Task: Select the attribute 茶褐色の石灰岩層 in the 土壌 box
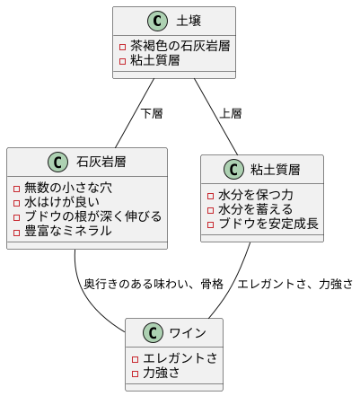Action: coord(180,46)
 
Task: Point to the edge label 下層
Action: coord(152,114)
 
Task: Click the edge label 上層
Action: coord(231,114)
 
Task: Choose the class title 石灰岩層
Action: coord(101,163)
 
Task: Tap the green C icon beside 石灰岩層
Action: coord(58,163)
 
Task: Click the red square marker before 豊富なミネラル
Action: coord(17,231)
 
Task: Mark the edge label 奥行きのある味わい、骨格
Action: coord(154,284)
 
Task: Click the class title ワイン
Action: coord(188,334)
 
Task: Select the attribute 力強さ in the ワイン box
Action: coord(162,373)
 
